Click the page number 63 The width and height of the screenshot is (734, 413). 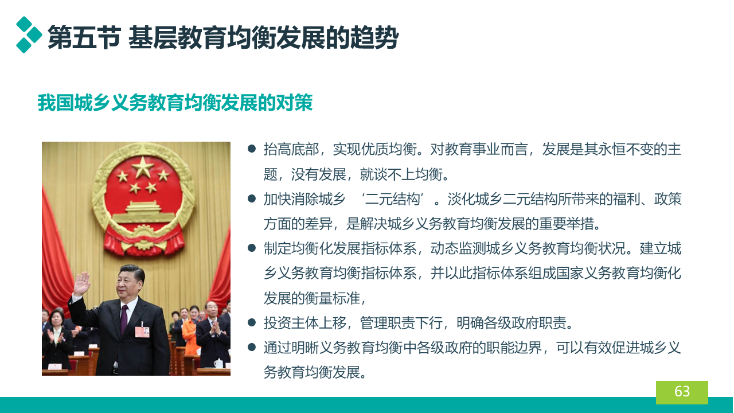pyautogui.click(x=682, y=391)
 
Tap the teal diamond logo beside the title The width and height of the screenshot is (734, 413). pyautogui.click(x=29, y=35)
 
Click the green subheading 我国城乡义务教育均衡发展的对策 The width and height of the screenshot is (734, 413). pyautogui.click(x=175, y=103)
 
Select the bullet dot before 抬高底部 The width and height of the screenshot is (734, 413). pyautogui.click(x=252, y=149)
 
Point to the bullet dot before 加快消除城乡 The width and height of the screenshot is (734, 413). pyautogui.click(x=252, y=198)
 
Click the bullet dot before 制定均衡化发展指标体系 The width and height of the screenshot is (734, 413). pyautogui.click(x=252, y=248)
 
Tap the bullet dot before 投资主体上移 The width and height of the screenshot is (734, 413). pyautogui.click(x=252, y=322)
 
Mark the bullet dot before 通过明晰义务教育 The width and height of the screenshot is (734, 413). pyautogui.click(x=252, y=347)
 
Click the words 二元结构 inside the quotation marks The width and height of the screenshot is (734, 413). pyautogui.click(x=392, y=199)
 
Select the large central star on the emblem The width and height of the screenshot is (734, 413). pyautogui.click(x=143, y=166)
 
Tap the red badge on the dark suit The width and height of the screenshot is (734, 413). pyautogui.click(x=143, y=332)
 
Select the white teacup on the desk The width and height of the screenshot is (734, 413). pyautogui.click(x=218, y=364)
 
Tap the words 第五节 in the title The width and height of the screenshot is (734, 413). pyautogui.click(x=84, y=38)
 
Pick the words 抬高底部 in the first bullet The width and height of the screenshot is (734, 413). pyautogui.click(x=291, y=149)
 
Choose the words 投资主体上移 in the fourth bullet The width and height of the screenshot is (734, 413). pyautogui.click(x=305, y=323)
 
